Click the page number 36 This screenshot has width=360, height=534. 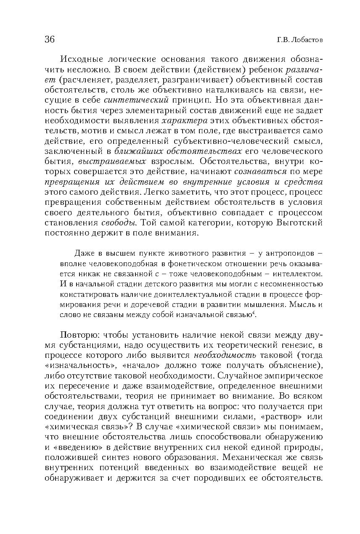tap(49, 40)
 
